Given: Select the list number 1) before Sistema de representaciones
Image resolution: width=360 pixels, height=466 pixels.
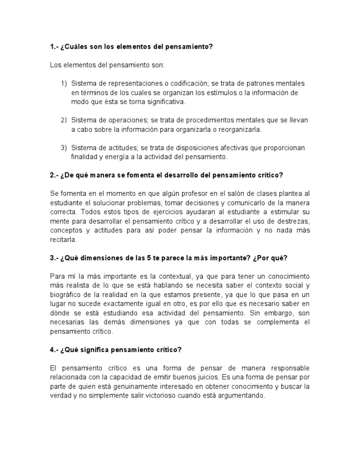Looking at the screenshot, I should (x=64, y=83).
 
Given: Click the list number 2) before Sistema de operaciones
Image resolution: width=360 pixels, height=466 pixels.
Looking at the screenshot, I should (x=64, y=120).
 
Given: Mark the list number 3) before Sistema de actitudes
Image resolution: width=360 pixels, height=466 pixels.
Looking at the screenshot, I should (x=64, y=148).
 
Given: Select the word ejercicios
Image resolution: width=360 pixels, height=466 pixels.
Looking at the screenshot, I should (x=128, y=212).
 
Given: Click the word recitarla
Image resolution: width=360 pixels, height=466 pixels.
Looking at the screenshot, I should (x=63, y=239).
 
